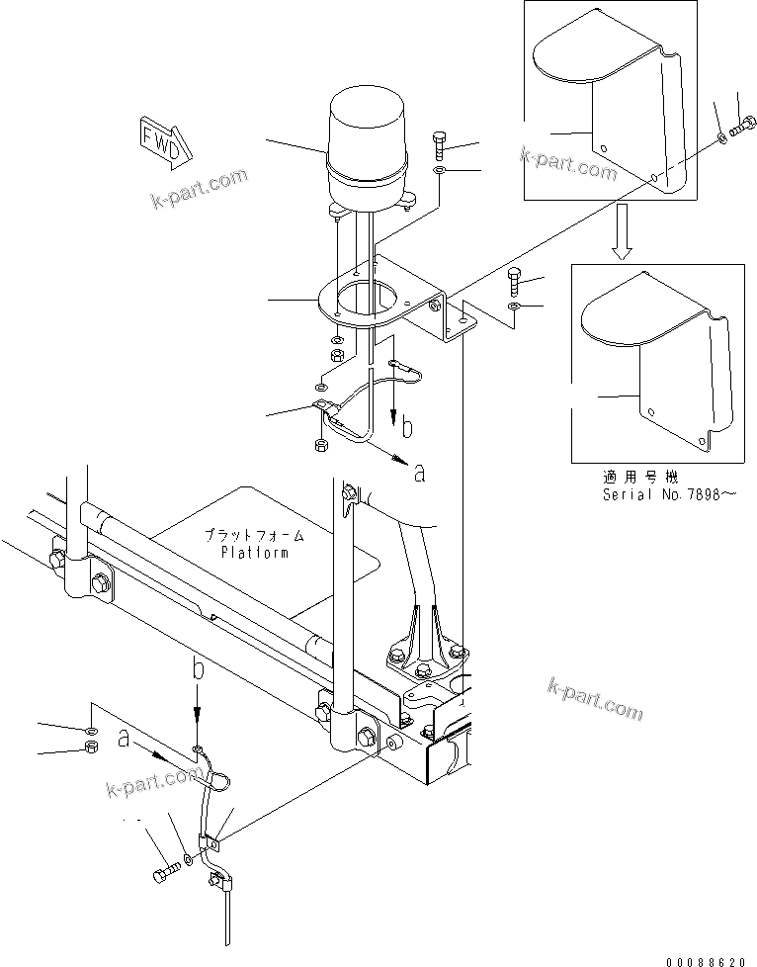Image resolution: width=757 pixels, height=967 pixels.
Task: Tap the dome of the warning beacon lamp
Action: tap(366, 129)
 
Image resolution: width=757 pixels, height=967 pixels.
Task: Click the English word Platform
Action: tap(255, 553)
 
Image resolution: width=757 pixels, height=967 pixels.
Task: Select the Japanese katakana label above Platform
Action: tap(255, 535)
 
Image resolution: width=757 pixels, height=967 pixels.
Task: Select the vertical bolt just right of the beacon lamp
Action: tap(439, 146)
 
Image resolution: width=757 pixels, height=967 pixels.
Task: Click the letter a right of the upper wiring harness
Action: tap(419, 474)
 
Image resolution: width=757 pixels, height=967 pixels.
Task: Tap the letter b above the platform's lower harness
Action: tap(198, 669)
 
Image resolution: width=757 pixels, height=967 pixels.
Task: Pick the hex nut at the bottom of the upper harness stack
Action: tap(321, 447)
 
